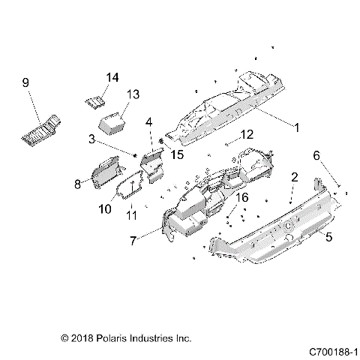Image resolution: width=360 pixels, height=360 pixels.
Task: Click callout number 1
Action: pyautogui.click(x=296, y=128)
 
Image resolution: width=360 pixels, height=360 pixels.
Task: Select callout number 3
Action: pyautogui.click(x=112, y=139)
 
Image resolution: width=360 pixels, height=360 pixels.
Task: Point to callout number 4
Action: pyautogui.click(x=150, y=121)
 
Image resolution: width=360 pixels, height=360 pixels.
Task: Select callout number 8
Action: pyautogui.click(x=76, y=182)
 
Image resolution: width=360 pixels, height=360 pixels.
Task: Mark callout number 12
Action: pyautogui.click(x=226, y=135)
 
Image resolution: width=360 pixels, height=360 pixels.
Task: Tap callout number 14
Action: pyautogui.click(x=112, y=77)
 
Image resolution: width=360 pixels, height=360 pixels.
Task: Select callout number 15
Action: pyautogui.click(x=177, y=154)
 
